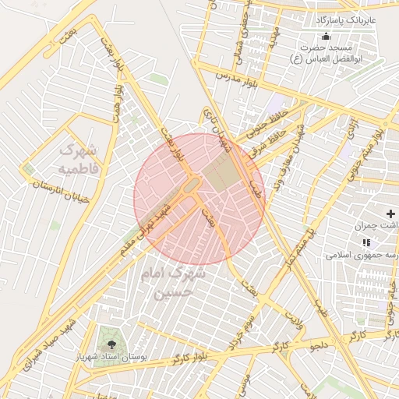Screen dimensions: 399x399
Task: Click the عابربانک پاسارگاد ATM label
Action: coord(346,18)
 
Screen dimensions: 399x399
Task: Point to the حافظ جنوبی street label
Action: coord(254,123)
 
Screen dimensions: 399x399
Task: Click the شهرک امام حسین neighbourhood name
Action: coord(175,283)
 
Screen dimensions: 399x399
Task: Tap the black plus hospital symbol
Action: coord(390,214)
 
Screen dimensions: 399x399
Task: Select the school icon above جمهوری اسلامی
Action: coord(366,243)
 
